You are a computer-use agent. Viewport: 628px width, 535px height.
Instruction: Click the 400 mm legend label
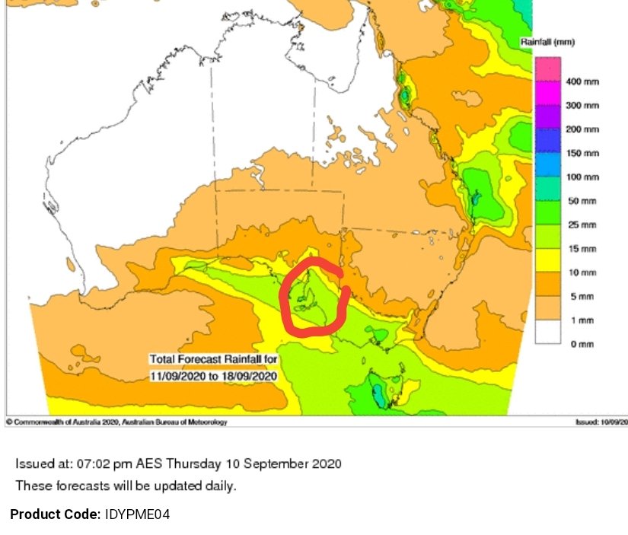coord(583,82)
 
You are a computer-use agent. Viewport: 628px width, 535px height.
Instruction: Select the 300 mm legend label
coord(583,106)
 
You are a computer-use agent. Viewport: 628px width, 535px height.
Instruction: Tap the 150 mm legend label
coord(583,154)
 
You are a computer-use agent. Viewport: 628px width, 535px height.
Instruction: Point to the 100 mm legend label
coord(583,177)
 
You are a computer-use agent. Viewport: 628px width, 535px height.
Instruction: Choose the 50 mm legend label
coord(582,202)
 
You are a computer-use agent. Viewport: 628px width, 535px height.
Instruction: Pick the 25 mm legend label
coord(582,225)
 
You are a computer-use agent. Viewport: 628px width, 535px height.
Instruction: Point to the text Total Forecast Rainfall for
coord(214,359)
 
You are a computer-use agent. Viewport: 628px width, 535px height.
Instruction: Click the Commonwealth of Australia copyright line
coord(116,422)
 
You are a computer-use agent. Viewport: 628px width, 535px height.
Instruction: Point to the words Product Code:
coord(55,515)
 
